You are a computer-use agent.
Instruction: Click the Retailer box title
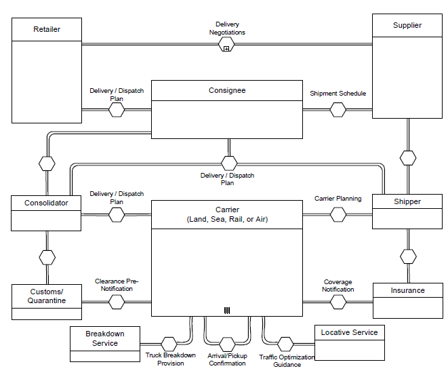point(46,29)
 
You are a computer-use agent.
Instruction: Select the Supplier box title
point(407,25)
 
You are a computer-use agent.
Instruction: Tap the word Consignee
point(227,90)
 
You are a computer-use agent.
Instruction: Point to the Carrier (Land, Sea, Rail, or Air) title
point(226,214)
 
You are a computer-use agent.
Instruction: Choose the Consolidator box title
point(46,203)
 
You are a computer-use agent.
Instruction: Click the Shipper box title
point(407,201)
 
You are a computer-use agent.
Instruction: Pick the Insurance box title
point(407,290)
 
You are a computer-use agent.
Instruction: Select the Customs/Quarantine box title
point(47,296)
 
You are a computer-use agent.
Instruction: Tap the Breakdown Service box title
point(105,338)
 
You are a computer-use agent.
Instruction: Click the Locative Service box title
point(350,332)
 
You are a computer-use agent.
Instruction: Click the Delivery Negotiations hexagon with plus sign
point(227,45)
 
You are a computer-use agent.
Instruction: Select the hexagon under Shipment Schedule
point(338,109)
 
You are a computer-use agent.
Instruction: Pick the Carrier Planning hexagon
point(338,214)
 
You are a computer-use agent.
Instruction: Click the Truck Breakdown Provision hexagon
point(169,344)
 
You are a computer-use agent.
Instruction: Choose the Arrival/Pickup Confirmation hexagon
point(227,344)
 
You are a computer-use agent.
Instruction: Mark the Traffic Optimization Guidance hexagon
point(285,344)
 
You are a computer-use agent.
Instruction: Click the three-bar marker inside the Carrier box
point(227,311)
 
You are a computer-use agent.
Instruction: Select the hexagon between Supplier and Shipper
point(407,158)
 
